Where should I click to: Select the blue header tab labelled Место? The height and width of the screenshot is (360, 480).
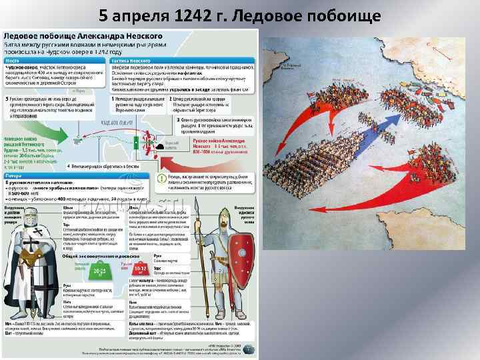(13, 59)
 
